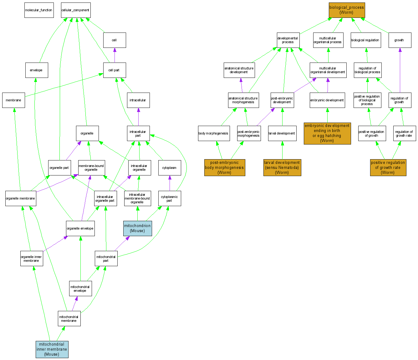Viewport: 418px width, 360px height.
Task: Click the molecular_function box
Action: [39, 10]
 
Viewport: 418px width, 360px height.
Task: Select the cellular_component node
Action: [75, 10]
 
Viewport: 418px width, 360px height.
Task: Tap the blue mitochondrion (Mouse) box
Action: [138, 228]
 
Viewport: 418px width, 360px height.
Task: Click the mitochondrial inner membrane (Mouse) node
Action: [52, 349]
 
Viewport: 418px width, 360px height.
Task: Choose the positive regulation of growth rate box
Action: [388, 168]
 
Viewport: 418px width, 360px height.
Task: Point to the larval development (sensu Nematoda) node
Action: [282, 168]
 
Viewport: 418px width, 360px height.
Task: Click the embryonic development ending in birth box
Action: [327, 133]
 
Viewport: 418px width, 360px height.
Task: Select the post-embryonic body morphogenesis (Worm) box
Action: [224, 168]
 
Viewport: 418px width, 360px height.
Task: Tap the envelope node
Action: [36, 70]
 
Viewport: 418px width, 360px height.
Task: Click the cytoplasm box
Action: [169, 168]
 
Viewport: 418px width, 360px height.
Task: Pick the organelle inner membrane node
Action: [31, 259]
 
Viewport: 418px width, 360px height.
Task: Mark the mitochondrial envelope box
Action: [80, 289]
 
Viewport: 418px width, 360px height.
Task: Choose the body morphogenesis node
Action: [214, 134]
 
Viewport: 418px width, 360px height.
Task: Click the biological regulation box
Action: [365, 40]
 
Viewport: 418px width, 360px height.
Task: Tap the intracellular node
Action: [138, 100]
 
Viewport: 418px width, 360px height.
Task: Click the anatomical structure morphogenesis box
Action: [243, 100]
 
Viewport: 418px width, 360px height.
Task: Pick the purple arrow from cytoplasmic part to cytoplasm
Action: [170, 183]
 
